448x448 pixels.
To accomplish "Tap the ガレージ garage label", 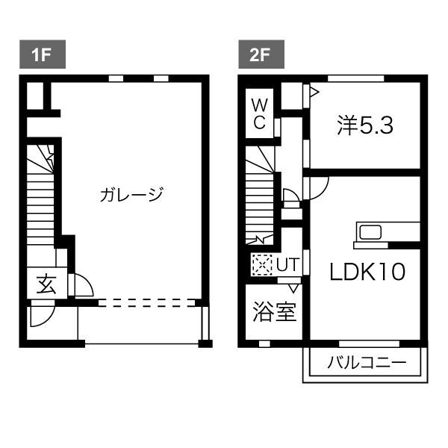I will point(131,195).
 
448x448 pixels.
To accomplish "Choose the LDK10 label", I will point(367,272).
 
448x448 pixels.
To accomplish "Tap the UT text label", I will point(287,264).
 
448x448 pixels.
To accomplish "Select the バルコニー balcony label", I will point(366,364).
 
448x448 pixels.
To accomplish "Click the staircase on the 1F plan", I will point(40,202).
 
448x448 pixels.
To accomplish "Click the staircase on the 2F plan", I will point(261,198).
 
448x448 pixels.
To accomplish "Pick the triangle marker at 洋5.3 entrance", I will point(314,92).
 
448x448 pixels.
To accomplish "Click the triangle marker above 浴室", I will point(293,286).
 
